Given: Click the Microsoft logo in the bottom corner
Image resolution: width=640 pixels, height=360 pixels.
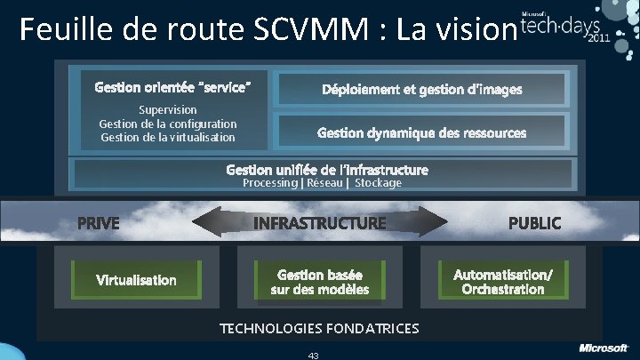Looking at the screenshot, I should point(604,347).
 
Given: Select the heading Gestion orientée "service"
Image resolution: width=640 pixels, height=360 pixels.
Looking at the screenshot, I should point(178,87).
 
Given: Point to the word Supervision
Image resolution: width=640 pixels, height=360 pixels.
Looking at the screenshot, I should point(168,109).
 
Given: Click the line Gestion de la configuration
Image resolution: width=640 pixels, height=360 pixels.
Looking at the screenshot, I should point(168,124).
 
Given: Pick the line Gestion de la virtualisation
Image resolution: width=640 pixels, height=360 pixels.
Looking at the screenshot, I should point(168,137).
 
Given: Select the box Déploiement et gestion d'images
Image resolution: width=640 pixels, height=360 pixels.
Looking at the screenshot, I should point(422,89).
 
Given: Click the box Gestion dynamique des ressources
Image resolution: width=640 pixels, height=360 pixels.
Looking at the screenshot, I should point(422,132).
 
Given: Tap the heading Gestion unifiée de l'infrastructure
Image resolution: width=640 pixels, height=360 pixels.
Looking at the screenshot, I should point(327,169).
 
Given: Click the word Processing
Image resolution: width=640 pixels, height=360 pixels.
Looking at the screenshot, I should point(270,183).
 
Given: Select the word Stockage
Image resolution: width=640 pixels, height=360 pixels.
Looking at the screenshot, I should point(378,183).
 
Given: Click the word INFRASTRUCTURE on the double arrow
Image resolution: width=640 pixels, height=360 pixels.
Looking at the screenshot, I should point(320,222).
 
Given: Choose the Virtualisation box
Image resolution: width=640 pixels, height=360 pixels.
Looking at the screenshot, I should point(136,280).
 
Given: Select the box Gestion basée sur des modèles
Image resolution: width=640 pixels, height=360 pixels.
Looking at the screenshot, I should point(319,282).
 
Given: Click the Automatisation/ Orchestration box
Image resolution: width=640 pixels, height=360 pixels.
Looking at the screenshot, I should point(502,282).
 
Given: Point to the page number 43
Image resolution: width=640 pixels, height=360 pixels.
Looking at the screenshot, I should point(313,355).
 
